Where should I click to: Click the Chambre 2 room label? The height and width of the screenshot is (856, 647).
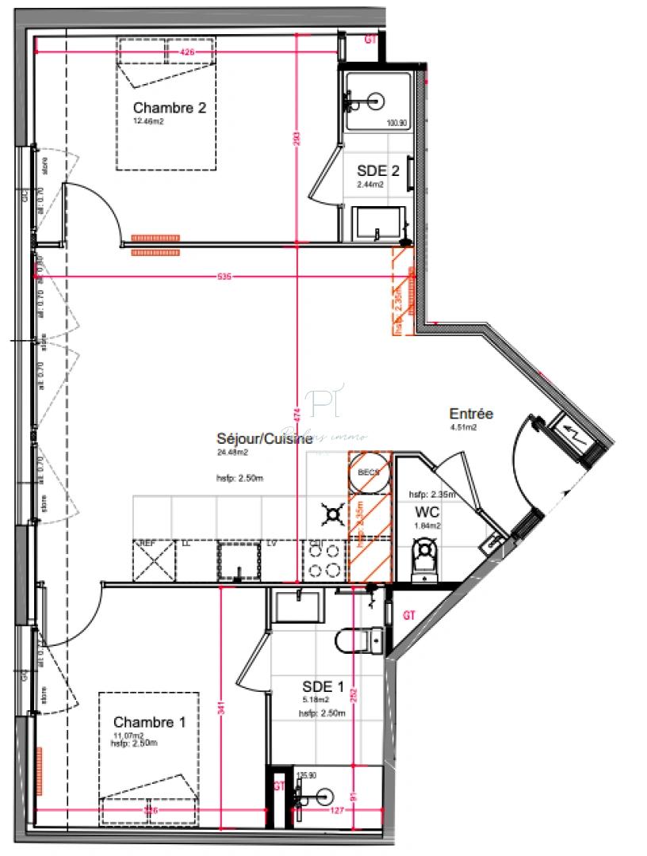170,108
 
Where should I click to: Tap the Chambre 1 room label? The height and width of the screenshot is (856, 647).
150,722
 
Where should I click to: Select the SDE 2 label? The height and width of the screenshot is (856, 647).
378,170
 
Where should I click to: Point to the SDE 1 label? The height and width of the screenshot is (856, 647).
323,686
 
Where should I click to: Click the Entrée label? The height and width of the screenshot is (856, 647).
471,414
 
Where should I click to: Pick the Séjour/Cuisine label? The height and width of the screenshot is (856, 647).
258,439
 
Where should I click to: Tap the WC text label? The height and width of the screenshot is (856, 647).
427,512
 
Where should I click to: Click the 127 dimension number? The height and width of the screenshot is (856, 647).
338,811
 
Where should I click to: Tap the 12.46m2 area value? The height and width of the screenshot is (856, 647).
148,121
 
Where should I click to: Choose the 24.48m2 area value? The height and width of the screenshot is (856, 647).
232,453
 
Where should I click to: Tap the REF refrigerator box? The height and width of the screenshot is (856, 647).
155,562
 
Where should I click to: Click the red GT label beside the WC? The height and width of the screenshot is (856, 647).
409,614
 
